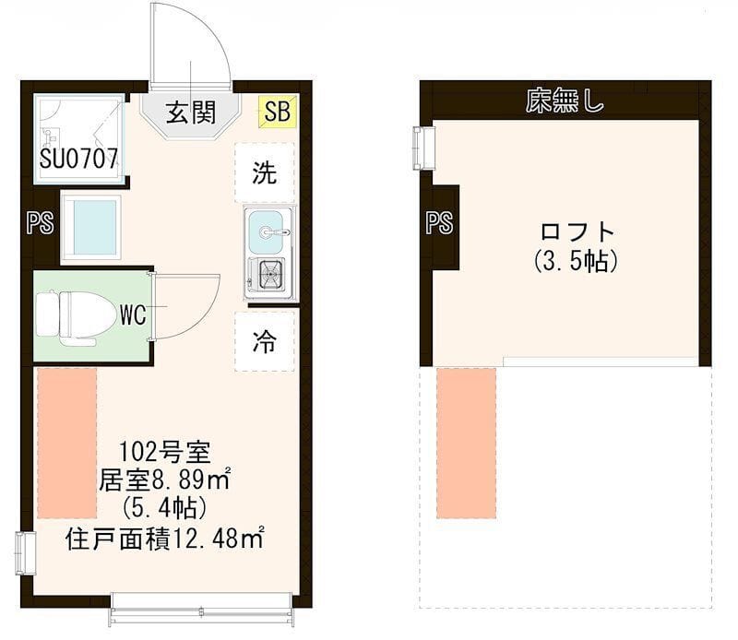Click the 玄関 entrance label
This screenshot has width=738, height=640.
click(x=191, y=113)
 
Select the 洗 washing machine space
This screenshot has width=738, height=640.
click(x=265, y=173)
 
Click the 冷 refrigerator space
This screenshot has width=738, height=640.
click(x=265, y=342)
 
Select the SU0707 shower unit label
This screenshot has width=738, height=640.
click(x=79, y=159)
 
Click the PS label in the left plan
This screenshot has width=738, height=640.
click(x=40, y=224)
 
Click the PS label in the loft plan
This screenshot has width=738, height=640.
click(x=440, y=223)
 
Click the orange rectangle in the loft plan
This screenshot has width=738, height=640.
click(x=466, y=442)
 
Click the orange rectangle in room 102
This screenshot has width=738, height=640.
click(x=66, y=444)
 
